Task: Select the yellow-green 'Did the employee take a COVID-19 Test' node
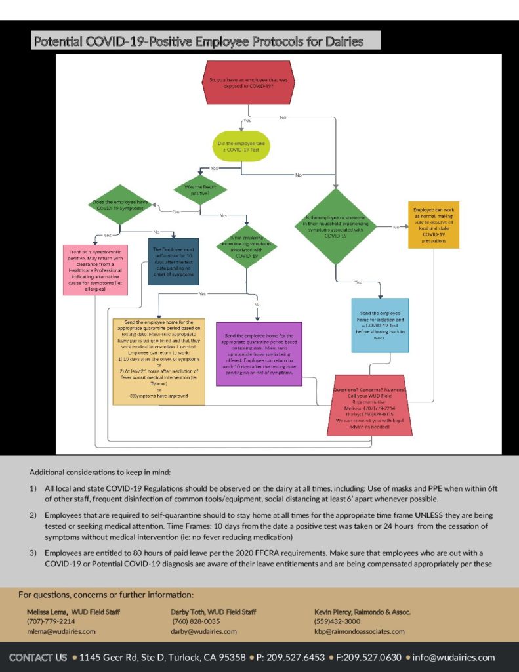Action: tap(242, 146)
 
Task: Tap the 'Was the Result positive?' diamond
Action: tap(201, 190)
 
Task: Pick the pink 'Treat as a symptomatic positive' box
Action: tap(94, 269)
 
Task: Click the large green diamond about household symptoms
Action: tap(335, 226)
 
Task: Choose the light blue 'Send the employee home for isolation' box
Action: tap(380, 325)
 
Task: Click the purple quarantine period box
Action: tap(259, 353)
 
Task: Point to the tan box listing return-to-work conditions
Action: tap(159, 361)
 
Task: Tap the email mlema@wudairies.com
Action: tap(61, 631)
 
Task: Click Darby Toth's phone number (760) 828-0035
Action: tap(196, 621)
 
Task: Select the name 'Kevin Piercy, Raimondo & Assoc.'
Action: tap(362, 612)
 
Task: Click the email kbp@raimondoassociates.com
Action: tap(360, 631)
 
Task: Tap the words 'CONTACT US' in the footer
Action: tap(38, 657)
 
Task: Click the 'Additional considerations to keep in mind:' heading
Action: tap(100, 472)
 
